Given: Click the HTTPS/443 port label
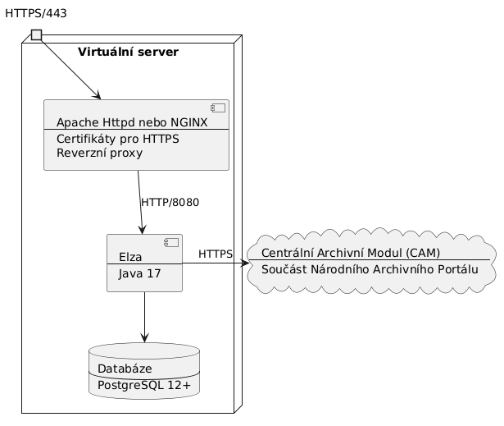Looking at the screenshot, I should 36,13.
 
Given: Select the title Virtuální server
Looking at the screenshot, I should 128,53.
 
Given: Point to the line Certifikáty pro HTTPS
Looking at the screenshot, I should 118,138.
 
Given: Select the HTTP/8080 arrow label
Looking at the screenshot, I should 170,202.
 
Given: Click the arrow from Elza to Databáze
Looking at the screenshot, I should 144,316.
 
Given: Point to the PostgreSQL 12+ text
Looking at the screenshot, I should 143,384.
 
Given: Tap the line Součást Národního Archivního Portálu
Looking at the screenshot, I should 370,269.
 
